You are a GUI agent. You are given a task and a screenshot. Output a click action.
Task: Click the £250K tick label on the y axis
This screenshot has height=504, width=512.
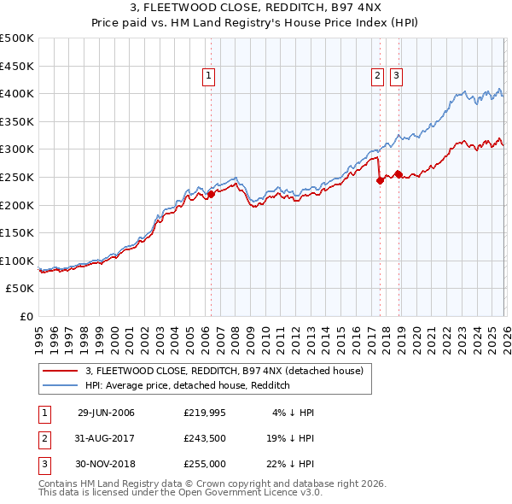tap(17, 177)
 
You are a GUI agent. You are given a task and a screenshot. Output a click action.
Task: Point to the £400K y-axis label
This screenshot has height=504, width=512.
tap(17, 93)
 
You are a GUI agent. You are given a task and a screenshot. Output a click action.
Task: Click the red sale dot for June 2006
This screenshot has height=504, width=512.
tap(211, 195)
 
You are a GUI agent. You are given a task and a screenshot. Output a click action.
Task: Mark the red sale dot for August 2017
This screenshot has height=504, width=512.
tap(380, 180)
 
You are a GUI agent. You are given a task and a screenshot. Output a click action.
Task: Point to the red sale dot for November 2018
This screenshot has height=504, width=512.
tap(399, 174)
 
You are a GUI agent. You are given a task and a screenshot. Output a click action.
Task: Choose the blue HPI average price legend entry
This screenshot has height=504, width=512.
tap(188, 385)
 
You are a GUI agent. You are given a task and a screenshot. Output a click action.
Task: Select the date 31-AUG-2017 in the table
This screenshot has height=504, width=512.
tap(106, 438)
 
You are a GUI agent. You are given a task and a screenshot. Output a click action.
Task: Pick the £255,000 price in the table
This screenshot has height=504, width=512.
tap(205, 464)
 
